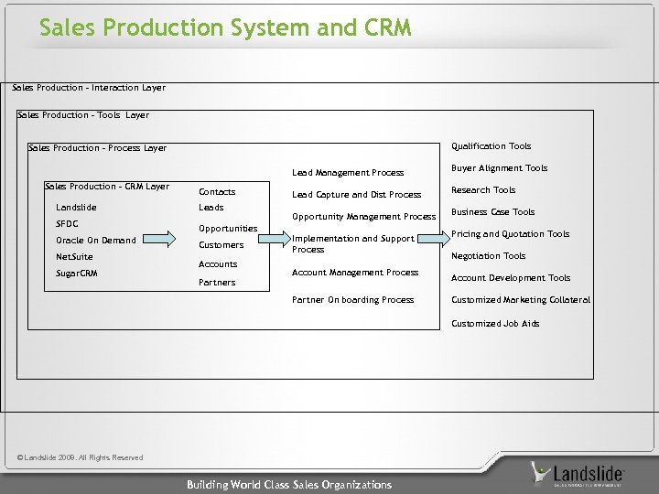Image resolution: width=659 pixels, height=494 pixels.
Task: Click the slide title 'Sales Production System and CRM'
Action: tap(225, 28)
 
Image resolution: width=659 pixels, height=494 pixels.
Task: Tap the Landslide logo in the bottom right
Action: tap(578, 474)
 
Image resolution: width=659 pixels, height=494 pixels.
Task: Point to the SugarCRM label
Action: tap(77, 274)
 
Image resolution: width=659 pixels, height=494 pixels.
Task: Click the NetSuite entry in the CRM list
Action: tap(74, 257)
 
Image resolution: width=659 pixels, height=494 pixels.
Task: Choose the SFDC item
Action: tap(67, 224)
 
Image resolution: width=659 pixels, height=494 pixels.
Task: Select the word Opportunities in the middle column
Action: tap(228, 228)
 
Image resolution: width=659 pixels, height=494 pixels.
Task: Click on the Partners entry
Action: tap(217, 283)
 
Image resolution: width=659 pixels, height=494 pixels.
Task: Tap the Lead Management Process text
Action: tap(347, 173)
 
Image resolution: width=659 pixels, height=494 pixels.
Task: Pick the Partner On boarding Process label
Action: tap(352, 300)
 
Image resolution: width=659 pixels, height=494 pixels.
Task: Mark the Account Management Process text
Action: tap(354, 273)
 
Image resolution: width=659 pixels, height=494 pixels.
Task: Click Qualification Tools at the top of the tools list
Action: tap(491, 146)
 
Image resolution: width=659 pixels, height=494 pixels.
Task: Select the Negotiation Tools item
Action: tap(488, 256)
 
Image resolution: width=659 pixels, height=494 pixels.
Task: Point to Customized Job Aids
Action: tap(495, 324)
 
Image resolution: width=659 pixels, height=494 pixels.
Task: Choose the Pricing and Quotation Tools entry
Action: tap(510, 234)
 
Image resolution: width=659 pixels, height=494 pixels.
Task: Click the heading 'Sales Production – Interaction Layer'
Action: tap(89, 88)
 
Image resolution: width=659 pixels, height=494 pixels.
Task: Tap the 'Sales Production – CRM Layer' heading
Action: tap(106, 187)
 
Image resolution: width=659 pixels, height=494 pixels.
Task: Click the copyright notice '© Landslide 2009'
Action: tap(81, 457)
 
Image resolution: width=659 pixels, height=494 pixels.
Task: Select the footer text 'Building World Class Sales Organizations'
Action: tap(288, 485)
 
